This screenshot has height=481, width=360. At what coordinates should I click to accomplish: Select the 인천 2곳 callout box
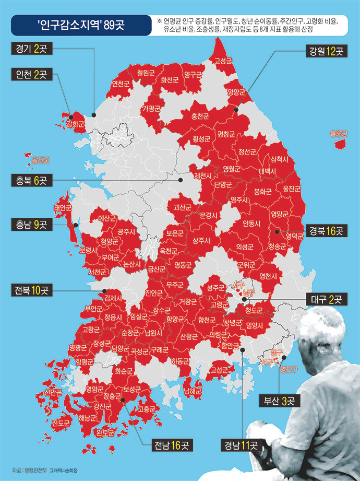(x=32, y=75)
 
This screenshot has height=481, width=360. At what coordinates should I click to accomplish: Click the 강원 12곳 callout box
(x=326, y=52)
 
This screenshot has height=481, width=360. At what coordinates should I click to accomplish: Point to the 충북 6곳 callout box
(x=32, y=181)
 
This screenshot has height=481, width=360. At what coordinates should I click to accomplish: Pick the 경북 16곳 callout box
(x=325, y=230)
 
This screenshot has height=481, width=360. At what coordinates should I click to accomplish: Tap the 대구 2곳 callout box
(x=326, y=300)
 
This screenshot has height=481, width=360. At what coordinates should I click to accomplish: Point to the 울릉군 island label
(x=339, y=134)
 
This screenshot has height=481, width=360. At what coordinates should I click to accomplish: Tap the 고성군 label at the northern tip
(x=223, y=61)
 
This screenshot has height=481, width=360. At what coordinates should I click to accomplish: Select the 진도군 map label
(x=61, y=424)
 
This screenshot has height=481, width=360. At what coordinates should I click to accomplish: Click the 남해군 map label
(x=193, y=390)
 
